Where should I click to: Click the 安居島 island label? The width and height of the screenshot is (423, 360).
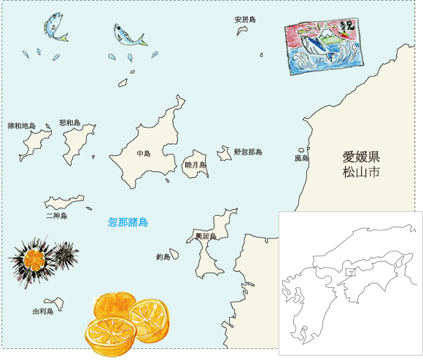(245, 20)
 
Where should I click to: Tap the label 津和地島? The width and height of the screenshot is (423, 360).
(22, 126)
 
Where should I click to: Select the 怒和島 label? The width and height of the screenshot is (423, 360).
(69, 123)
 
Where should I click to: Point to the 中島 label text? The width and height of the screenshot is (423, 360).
(143, 154)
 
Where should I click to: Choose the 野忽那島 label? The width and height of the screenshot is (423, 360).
(248, 152)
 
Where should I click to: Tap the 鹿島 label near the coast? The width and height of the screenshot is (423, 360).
(301, 157)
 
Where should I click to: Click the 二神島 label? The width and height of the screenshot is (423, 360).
(56, 216)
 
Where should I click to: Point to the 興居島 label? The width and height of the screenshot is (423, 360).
(206, 237)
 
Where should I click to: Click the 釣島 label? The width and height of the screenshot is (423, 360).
(163, 257)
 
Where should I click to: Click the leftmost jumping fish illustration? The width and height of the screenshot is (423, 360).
(55, 28)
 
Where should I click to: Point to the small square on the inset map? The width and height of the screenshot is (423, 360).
(350, 273)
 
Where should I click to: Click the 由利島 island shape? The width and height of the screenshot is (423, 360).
(53, 302)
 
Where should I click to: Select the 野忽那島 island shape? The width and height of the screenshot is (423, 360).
(224, 154)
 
